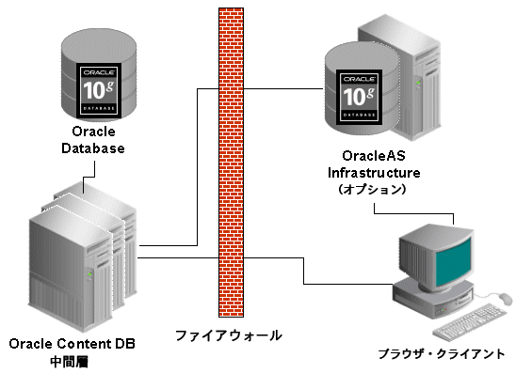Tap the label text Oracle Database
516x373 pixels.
[x=92, y=140]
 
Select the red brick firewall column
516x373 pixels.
[x=230, y=160]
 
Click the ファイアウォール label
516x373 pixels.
[x=228, y=334]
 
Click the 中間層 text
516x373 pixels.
[x=72, y=360]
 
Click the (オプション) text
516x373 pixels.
[x=373, y=189]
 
